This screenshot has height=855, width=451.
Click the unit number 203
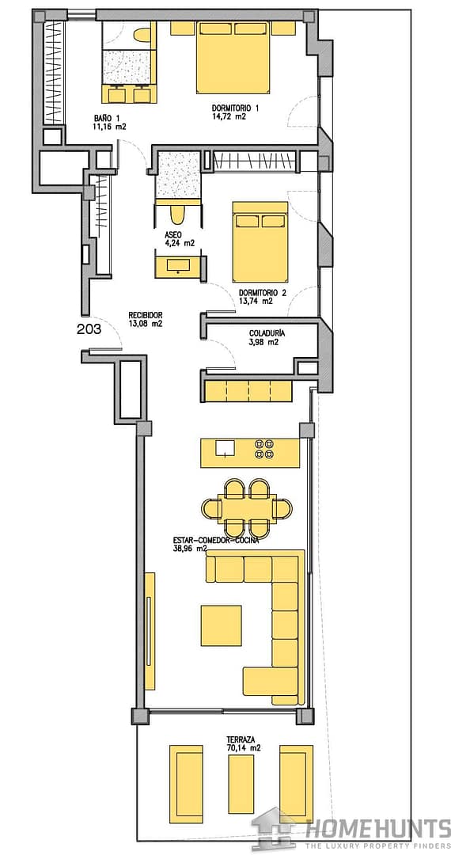coord(89,329)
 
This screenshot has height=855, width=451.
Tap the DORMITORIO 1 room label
coord(235,108)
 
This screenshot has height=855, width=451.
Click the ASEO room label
coord(173,235)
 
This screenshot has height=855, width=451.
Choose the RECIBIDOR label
coord(146,314)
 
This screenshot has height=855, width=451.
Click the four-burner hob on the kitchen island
coord(263,450)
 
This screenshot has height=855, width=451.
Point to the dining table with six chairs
coord(245,508)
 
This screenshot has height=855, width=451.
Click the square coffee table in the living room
coord(221,625)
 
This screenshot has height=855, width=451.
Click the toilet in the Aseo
coord(178,214)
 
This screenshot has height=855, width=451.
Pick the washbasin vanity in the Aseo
coord(178,265)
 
